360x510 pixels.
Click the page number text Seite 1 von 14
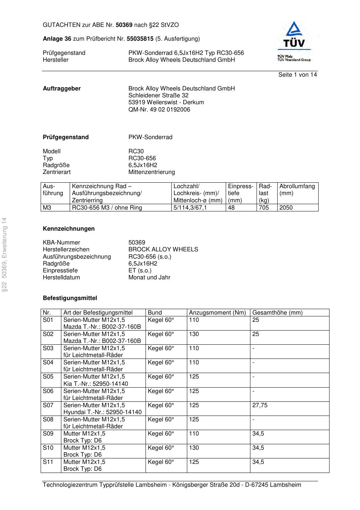click(297, 75)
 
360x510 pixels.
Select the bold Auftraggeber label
click(62, 89)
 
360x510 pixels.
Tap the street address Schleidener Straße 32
click(158, 96)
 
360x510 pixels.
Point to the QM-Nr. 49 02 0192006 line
click(159, 110)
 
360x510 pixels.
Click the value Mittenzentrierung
click(151, 172)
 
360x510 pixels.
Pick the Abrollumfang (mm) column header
click(297, 190)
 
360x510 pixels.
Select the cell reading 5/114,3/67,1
click(190, 208)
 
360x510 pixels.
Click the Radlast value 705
click(264, 208)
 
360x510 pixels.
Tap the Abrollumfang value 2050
click(286, 208)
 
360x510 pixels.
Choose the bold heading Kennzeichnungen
click(69, 229)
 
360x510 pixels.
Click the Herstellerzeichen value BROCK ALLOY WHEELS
click(163, 250)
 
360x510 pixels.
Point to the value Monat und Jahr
click(149, 278)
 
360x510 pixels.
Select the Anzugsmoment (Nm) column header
click(217, 313)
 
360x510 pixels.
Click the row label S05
click(48, 377)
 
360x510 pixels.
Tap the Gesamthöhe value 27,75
click(260, 405)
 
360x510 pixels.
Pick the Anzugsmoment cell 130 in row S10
click(194, 448)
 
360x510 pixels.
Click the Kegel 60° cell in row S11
click(161, 462)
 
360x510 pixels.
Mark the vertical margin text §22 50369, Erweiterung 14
click(4, 255)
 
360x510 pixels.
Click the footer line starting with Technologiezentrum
click(172, 485)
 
